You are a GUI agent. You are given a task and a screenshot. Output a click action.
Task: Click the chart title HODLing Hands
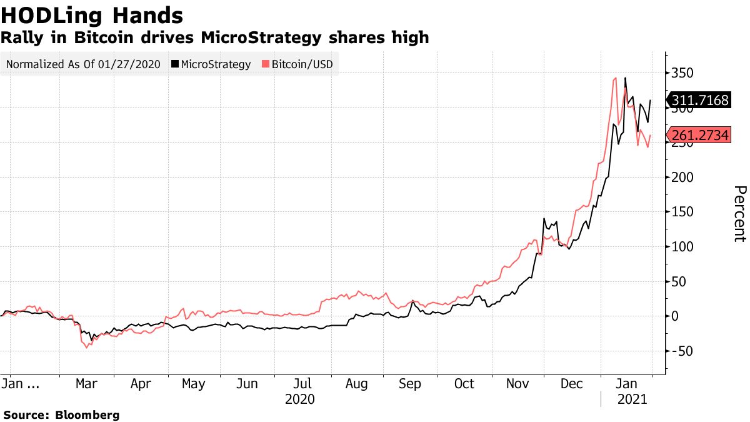click(x=92, y=15)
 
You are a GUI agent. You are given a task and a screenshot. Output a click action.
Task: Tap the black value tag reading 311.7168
click(x=699, y=100)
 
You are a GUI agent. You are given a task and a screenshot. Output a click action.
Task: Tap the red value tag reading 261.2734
click(x=699, y=135)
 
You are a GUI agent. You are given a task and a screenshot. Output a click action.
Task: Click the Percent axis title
click(x=739, y=213)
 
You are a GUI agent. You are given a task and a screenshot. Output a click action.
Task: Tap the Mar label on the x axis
click(x=86, y=383)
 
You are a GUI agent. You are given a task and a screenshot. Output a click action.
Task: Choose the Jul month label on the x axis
click(x=303, y=383)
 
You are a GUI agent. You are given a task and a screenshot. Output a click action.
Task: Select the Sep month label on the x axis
click(x=410, y=383)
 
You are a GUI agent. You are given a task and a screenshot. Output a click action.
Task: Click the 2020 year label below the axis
click(x=299, y=398)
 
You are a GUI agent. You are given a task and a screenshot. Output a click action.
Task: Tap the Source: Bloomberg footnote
click(x=61, y=414)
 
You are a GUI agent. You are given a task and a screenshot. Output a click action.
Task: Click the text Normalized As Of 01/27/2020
click(x=82, y=64)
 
